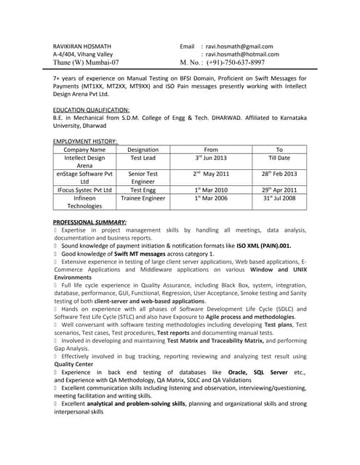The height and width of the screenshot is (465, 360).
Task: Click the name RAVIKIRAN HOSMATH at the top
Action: point(83,46)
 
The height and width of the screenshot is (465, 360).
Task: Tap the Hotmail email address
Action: point(241,54)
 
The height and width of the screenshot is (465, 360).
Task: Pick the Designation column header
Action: point(143,150)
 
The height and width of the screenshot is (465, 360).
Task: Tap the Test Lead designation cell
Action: point(143,158)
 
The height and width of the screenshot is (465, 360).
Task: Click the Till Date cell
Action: point(279,158)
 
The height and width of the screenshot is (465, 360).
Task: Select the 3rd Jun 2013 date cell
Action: point(211,158)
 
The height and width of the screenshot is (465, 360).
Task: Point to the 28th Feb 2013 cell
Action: point(279,174)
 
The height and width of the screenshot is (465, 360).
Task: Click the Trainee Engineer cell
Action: point(143,198)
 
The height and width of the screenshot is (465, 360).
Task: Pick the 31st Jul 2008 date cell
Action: point(279,198)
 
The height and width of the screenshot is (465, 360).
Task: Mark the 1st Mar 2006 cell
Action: point(211,198)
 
